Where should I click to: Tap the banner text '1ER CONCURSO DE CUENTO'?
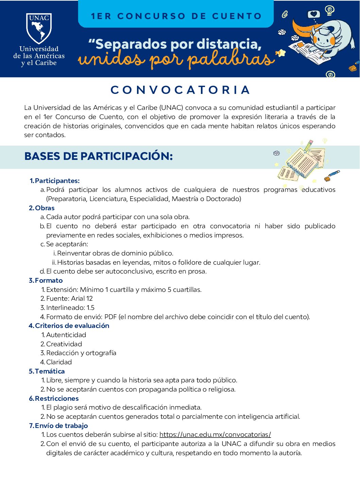click(x=176, y=16)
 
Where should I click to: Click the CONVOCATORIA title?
click(x=180, y=90)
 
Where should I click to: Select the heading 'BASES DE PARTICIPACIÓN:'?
click(x=99, y=156)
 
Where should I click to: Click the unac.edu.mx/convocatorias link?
click(x=215, y=434)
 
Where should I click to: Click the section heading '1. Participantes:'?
click(x=55, y=181)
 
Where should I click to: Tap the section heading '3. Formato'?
click(x=46, y=280)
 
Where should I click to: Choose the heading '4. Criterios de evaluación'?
click(x=69, y=326)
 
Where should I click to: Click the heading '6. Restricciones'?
click(x=54, y=398)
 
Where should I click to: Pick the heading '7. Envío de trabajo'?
click(x=58, y=426)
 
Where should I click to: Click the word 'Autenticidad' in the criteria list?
click(x=66, y=335)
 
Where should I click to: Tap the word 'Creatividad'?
click(x=64, y=344)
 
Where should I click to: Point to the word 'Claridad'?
click(x=59, y=362)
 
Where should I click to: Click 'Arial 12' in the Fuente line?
click(x=82, y=298)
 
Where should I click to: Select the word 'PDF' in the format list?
click(x=110, y=317)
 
